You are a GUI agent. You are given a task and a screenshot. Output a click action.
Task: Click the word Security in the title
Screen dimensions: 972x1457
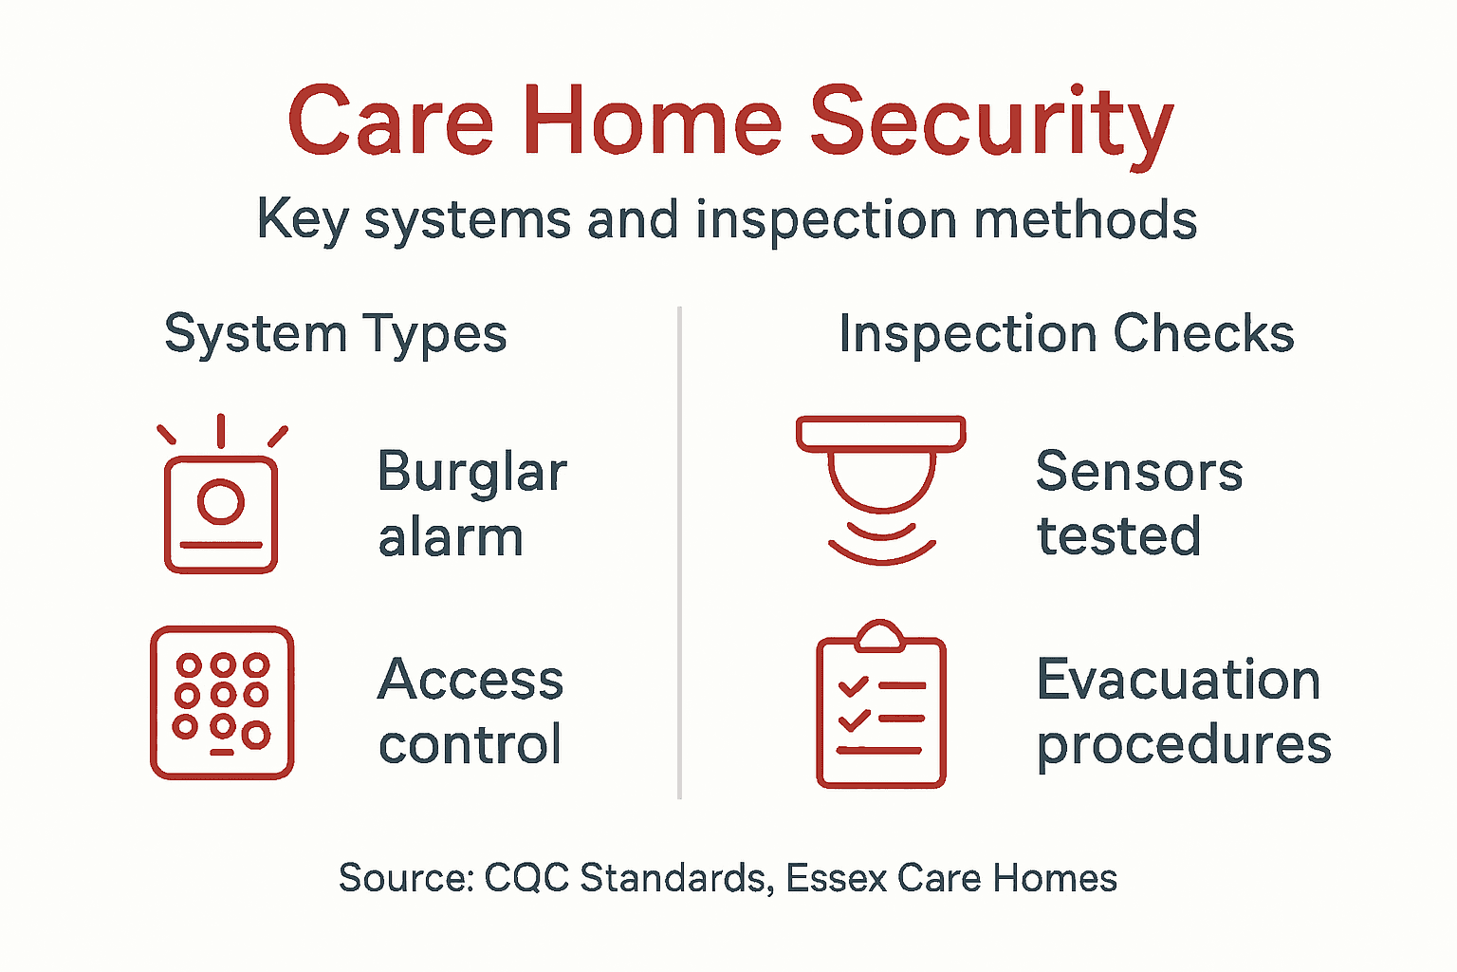pos(991,123)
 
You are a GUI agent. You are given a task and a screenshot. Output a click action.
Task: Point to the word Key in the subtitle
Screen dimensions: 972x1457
pos(303,220)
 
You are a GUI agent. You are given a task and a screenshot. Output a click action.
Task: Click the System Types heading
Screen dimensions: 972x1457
pos(336,335)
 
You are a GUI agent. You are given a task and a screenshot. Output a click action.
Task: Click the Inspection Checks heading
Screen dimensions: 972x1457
pos(1066,334)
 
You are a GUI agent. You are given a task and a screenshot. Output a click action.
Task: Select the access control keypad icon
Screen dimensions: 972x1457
pos(222,702)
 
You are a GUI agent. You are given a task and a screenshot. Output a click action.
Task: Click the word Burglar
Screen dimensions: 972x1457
pos(471,472)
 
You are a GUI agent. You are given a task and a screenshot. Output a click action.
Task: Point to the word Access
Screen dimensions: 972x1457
pos(470,680)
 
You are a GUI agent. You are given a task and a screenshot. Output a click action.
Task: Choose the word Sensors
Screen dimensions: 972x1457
pos(1139,472)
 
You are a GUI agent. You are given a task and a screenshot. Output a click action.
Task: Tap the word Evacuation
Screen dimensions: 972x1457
pos(1178,680)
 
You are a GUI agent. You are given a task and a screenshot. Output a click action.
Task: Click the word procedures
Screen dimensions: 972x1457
pos(1184,745)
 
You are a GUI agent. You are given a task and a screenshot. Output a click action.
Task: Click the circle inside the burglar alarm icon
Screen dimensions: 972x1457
pos(221,501)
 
